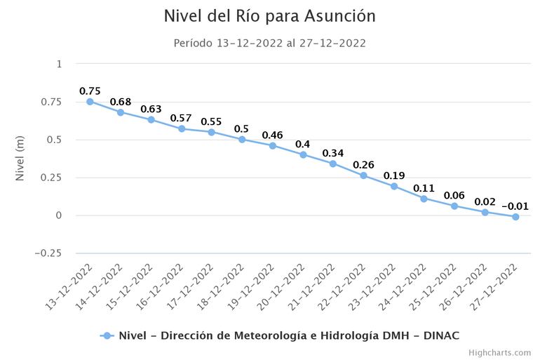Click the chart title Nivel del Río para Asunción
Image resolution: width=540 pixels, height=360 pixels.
[269, 16]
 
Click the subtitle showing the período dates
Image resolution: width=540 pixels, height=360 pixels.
[269, 43]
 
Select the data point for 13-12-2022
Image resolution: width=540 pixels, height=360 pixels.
[90, 102]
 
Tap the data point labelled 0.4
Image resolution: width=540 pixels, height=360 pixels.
[303, 154]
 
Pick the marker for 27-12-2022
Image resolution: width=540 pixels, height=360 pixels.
[515, 217]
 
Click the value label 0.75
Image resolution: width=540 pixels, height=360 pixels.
[90, 91]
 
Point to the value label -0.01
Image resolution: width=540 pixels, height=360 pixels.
[515, 206]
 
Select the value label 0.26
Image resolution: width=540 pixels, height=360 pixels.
[363, 165]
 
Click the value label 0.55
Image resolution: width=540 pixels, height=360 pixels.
[211, 121]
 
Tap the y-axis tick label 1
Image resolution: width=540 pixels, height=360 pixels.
[59, 64]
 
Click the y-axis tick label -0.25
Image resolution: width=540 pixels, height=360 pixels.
[48, 253]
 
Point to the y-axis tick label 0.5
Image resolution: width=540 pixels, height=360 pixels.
[54, 140]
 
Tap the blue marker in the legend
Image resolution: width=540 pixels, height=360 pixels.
[107, 335]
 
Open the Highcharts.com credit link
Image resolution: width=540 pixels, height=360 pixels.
[499, 352]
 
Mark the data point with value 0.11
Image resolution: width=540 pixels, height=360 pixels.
[424, 199]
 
